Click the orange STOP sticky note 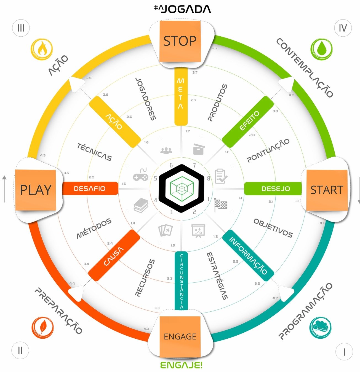click(x=180, y=41)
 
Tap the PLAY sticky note click(x=36, y=190)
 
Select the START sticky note click(x=327, y=190)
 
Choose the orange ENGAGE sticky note click(x=180, y=336)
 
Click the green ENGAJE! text click(x=181, y=365)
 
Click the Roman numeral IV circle click(x=343, y=28)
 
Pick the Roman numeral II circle click(x=20, y=351)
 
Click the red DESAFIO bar click(x=90, y=188)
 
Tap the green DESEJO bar click(x=273, y=189)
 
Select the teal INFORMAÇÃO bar click(x=248, y=255)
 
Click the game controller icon click(x=141, y=175)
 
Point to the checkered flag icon click(x=221, y=205)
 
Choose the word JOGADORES click(x=146, y=99)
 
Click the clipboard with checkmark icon click(x=221, y=176)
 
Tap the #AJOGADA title click(x=182, y=9)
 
